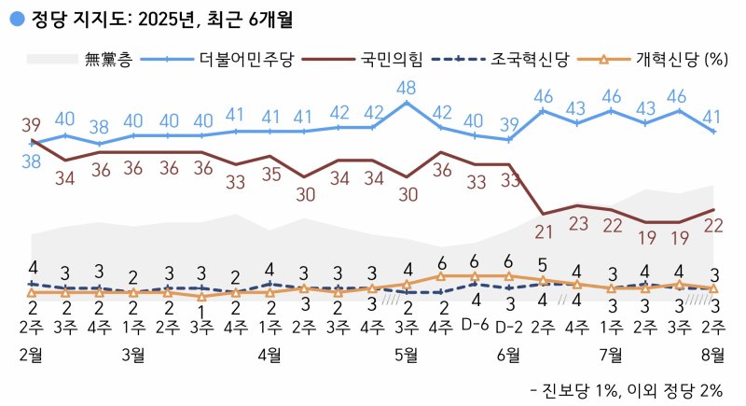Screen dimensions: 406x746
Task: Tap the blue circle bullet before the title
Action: coord(15,17)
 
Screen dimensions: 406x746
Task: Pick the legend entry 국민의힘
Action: coord(391,61)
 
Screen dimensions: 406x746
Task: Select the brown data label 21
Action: coord(544,232)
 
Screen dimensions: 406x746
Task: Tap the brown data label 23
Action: coord(578,224)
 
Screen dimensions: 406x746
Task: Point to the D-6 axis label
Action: coord(475,324)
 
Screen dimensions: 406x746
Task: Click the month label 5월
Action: coord(406,354)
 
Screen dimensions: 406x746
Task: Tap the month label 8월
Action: coord(713,354)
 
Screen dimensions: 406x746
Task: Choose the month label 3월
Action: coord(133,354)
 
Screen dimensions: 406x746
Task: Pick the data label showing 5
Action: coord(544,262)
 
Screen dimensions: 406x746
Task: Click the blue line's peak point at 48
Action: coord(406,104)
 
